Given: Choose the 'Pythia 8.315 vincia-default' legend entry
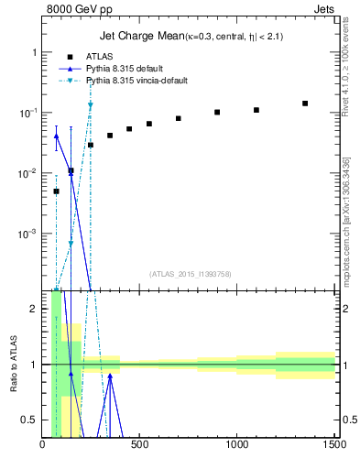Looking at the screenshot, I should click(x=136, y=81).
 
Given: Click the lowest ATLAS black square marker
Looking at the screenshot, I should click(x=57, y=191).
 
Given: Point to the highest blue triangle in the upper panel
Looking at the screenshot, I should click(x=57, y=136).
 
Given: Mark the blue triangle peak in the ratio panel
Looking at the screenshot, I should click(x=110, y=375).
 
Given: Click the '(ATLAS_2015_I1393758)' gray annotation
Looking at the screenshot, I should click(x=190, y=274).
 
